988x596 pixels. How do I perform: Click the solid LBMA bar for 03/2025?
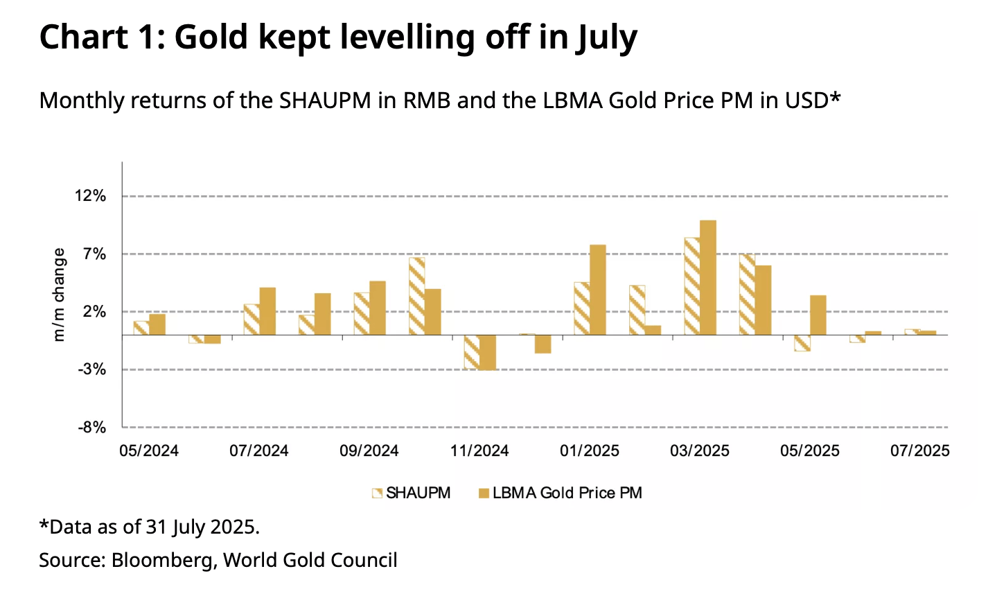(708, 277)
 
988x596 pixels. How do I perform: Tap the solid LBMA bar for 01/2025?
(598, 290)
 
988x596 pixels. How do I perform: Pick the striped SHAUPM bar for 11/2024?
(472, 352)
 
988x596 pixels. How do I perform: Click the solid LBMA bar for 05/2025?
(818, 315)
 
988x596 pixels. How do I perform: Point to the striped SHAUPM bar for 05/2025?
(802, 343)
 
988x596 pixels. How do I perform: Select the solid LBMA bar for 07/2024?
(267, 311)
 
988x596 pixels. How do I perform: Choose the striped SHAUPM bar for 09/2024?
(362, 314)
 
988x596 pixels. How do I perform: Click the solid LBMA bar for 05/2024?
(157, 324)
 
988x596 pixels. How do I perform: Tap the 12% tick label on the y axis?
(91, 196)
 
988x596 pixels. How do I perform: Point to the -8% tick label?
(91, 428)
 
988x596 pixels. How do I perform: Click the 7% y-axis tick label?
(96, 254)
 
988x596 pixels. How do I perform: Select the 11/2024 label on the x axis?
(479, 451)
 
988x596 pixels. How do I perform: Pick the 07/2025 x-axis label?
(920, 451)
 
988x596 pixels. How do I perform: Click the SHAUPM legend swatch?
(377, 493)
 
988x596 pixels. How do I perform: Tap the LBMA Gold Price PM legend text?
(567, 493)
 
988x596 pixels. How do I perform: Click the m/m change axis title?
(60, 295)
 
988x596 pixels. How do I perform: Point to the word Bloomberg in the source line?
(161, 560)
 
